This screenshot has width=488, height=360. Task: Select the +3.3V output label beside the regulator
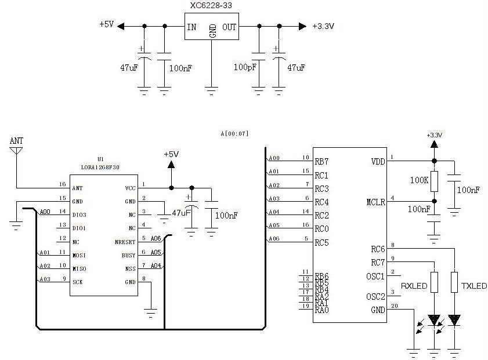(323, 26)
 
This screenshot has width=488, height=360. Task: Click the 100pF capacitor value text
(244, 67)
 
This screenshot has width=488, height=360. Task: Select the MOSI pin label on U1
(79, 254)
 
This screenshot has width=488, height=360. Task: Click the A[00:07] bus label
(234, 133)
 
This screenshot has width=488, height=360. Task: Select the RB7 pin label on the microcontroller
(322, 162)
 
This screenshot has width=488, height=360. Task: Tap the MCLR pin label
(376, 202)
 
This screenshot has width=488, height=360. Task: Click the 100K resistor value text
(420, 180)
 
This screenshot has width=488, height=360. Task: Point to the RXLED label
(414, 286)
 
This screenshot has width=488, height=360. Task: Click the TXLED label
(474, 286)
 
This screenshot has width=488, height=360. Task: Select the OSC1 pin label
(375, 276)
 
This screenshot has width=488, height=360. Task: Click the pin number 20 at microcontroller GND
(395, 306)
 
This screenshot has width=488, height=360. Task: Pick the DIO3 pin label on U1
(79, 214)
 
